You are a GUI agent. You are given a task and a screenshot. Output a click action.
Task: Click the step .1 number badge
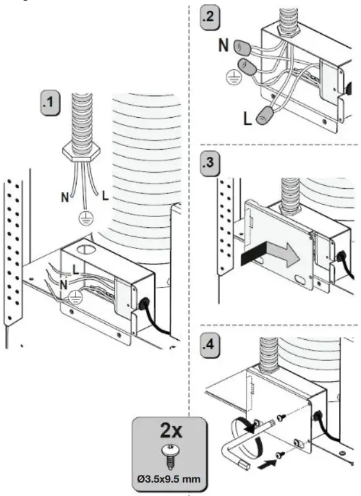click(51, 102)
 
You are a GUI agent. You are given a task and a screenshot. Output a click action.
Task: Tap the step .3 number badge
click(211, 164)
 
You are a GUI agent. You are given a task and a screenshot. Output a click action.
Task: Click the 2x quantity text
click(171, 431)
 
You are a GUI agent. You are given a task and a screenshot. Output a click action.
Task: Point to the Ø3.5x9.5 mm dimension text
click(169, 479)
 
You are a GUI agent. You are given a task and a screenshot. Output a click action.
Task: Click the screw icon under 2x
click(170, 456)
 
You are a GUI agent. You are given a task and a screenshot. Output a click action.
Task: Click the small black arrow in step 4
click(267, 465)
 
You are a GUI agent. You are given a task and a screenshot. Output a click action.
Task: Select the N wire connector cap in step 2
click(243, 47)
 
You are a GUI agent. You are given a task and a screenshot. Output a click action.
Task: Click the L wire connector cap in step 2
click(266, 116)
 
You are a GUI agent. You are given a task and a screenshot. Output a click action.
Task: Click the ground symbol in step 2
click(234, 77)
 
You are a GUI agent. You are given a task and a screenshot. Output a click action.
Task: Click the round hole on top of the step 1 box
click(84, 249)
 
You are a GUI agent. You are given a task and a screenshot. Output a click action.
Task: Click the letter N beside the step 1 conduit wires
click(65, 197)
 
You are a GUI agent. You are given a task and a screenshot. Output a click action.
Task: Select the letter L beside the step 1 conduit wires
click(106, 196)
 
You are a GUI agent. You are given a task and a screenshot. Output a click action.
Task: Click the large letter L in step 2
click(248, 118)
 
